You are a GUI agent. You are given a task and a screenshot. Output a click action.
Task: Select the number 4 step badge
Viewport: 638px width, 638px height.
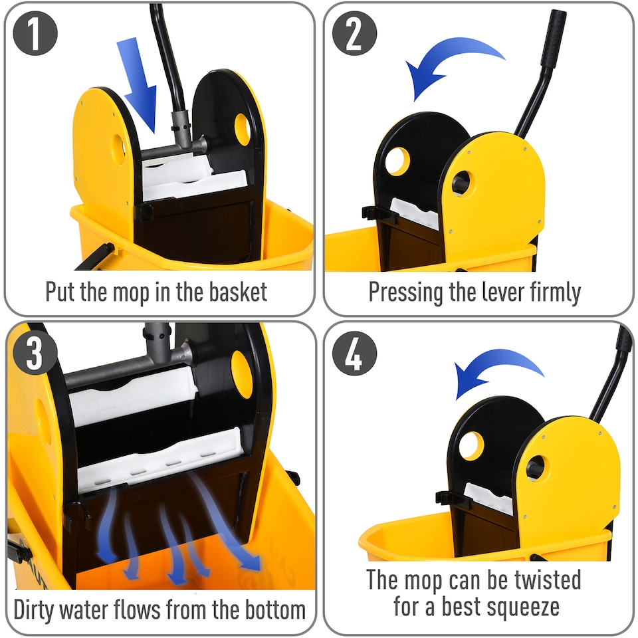click(x=354, y=355)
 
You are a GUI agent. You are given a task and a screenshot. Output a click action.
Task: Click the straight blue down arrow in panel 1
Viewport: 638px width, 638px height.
click(x=138, y=83)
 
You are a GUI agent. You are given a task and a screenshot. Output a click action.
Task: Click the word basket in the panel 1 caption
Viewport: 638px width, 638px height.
click(x=233, y=292)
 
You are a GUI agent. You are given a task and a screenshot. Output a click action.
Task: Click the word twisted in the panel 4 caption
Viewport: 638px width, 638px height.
click(x=542, y=580)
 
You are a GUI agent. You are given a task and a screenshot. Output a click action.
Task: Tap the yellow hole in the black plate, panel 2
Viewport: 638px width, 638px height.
click(x=397, y=161)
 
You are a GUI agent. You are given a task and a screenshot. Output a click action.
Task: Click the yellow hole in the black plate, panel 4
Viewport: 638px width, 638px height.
click(x=471, y=445)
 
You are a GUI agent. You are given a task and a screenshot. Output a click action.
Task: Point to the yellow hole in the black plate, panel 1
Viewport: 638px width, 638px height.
click(x=243, y=129)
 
